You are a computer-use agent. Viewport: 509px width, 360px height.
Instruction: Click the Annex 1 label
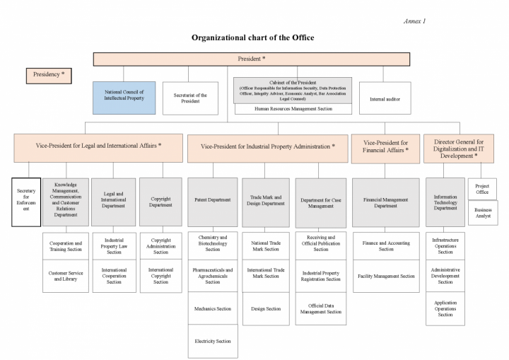(414, 21)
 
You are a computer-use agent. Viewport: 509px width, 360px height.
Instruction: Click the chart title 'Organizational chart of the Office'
(252, 37)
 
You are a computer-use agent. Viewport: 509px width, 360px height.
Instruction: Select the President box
(252, 59)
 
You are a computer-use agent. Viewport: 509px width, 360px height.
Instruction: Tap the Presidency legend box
(49, 76)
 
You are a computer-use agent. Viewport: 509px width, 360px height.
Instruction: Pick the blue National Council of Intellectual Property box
(124, 98)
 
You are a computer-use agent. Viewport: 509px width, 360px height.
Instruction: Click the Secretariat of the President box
(190, 98)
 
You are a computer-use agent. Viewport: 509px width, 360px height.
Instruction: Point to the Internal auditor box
(385, 98)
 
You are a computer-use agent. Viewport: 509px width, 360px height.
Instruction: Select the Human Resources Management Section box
(293, 109)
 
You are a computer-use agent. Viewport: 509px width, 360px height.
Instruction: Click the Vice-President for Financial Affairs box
(385, 149)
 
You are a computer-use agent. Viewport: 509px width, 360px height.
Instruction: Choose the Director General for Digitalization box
(459, 149)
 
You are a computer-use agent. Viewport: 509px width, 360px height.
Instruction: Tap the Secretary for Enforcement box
(26, 202)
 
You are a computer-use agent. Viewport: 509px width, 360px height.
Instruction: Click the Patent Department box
(213, 202)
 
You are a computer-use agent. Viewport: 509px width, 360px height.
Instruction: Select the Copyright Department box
(160, 202)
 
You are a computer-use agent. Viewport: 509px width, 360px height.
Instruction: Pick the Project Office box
(482, 189)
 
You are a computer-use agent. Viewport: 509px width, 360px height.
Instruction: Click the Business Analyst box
(483, 213)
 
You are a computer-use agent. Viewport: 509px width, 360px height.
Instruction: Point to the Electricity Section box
(213, 341)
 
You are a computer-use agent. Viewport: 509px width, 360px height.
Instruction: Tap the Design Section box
(266, 308)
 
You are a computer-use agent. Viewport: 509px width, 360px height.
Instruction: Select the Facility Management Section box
(386, 276)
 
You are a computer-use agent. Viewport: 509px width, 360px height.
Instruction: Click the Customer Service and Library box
(66, 276)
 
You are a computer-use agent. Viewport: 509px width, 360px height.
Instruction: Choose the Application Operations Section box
(445, 308)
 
